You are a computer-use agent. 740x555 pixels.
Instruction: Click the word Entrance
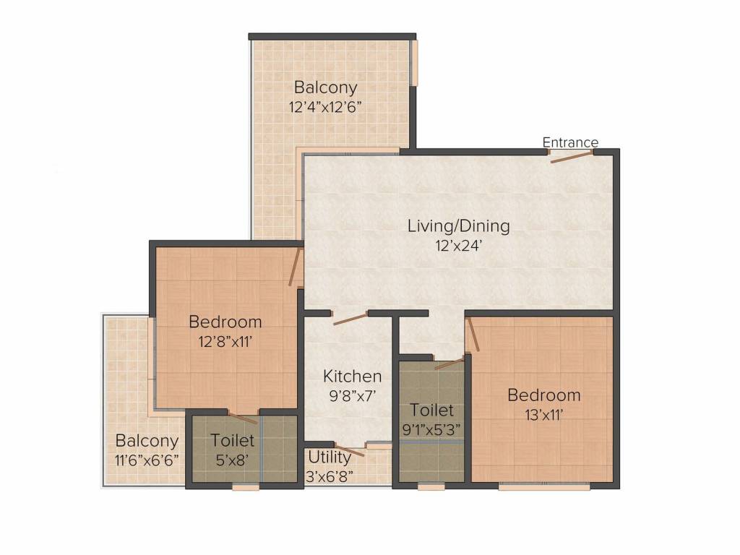click(570, 142)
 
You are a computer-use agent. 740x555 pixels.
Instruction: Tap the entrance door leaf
click(572, 157)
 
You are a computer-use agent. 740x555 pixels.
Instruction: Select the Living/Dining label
click(459, 226)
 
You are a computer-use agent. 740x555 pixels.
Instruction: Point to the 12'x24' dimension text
click(459, 246)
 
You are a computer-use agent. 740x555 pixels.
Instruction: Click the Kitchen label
click(353, 376)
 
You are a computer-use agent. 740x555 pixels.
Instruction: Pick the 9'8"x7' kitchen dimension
click(353, 395)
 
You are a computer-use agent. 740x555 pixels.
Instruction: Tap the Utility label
click(330, 457)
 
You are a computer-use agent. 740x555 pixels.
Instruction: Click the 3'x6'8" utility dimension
click(330, 476)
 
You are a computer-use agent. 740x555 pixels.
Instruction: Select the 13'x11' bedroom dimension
click(544, 415)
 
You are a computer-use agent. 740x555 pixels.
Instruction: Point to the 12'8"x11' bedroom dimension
click(225, 341)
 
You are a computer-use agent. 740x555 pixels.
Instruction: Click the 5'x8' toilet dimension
click(232, 460)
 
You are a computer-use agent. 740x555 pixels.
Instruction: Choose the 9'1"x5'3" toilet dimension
click(431, 429)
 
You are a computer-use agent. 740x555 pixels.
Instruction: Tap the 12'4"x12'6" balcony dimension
click(325, 107)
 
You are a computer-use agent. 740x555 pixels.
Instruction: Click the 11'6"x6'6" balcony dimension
click(147, 460)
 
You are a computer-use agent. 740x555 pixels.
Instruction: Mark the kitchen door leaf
click(350, 318)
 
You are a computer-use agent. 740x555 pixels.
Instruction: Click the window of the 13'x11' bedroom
click(544, 486)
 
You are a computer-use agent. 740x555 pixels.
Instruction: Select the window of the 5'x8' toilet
click(246, 487)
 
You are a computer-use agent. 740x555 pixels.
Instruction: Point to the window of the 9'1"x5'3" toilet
click(431, 486)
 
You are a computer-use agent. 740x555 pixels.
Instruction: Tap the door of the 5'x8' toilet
click(243, 418)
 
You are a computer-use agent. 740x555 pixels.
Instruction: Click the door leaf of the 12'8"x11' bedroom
click(295, 267)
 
